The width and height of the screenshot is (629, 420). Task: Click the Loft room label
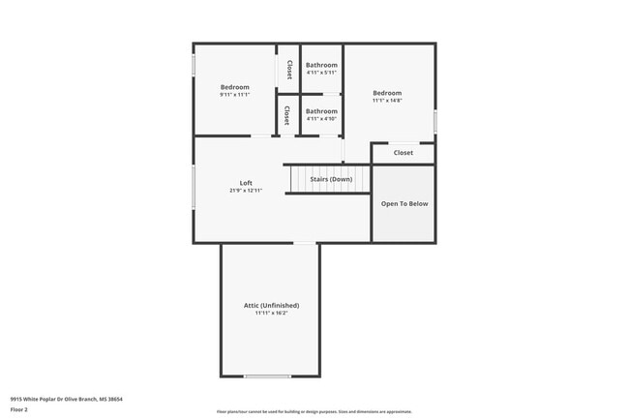(x=246, y=183)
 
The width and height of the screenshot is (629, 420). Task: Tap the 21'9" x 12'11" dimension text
(x=246, y=191)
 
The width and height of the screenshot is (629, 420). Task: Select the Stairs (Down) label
(x=330, y=179)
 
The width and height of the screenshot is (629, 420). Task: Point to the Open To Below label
(x=404, y=203)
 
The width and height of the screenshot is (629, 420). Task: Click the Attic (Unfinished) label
(x=271, y=305)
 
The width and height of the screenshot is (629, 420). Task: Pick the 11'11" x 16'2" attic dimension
(x=271, y=313)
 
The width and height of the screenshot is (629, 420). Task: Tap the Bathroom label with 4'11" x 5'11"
(x=321, y=65)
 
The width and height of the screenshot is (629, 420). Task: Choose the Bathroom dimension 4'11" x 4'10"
(x=321, y=118)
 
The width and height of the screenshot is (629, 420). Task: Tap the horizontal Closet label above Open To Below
(x=403, y=153)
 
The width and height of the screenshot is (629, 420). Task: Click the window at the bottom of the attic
(x=267, y=376)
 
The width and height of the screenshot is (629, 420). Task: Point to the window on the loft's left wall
(x=194, y=183)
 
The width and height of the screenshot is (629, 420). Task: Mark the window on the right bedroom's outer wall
(x=435, y=121)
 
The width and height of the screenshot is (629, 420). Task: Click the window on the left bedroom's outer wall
(x=194, y=64)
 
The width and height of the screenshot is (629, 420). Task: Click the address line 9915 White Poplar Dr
(x=66, y=398)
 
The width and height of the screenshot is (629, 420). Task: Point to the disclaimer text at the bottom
(x=314, y=411)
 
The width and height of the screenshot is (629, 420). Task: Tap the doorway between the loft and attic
(x=304, y=242)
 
